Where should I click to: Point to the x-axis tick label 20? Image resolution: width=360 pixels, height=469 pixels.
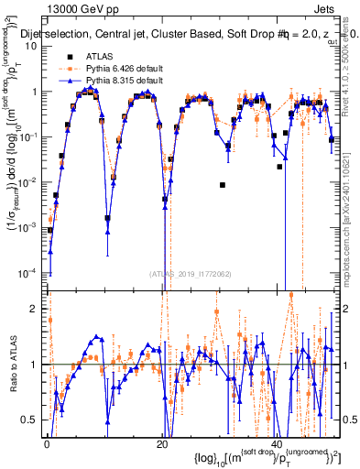pos(162,443)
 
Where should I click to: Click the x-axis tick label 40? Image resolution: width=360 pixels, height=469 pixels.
pos(278,443)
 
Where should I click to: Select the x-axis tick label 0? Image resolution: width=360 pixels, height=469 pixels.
pos(47,443)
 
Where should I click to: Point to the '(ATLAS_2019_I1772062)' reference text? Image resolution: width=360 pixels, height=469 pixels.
pos(191,273)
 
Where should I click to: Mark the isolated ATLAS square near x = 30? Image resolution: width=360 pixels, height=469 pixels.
pos(223,185)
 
